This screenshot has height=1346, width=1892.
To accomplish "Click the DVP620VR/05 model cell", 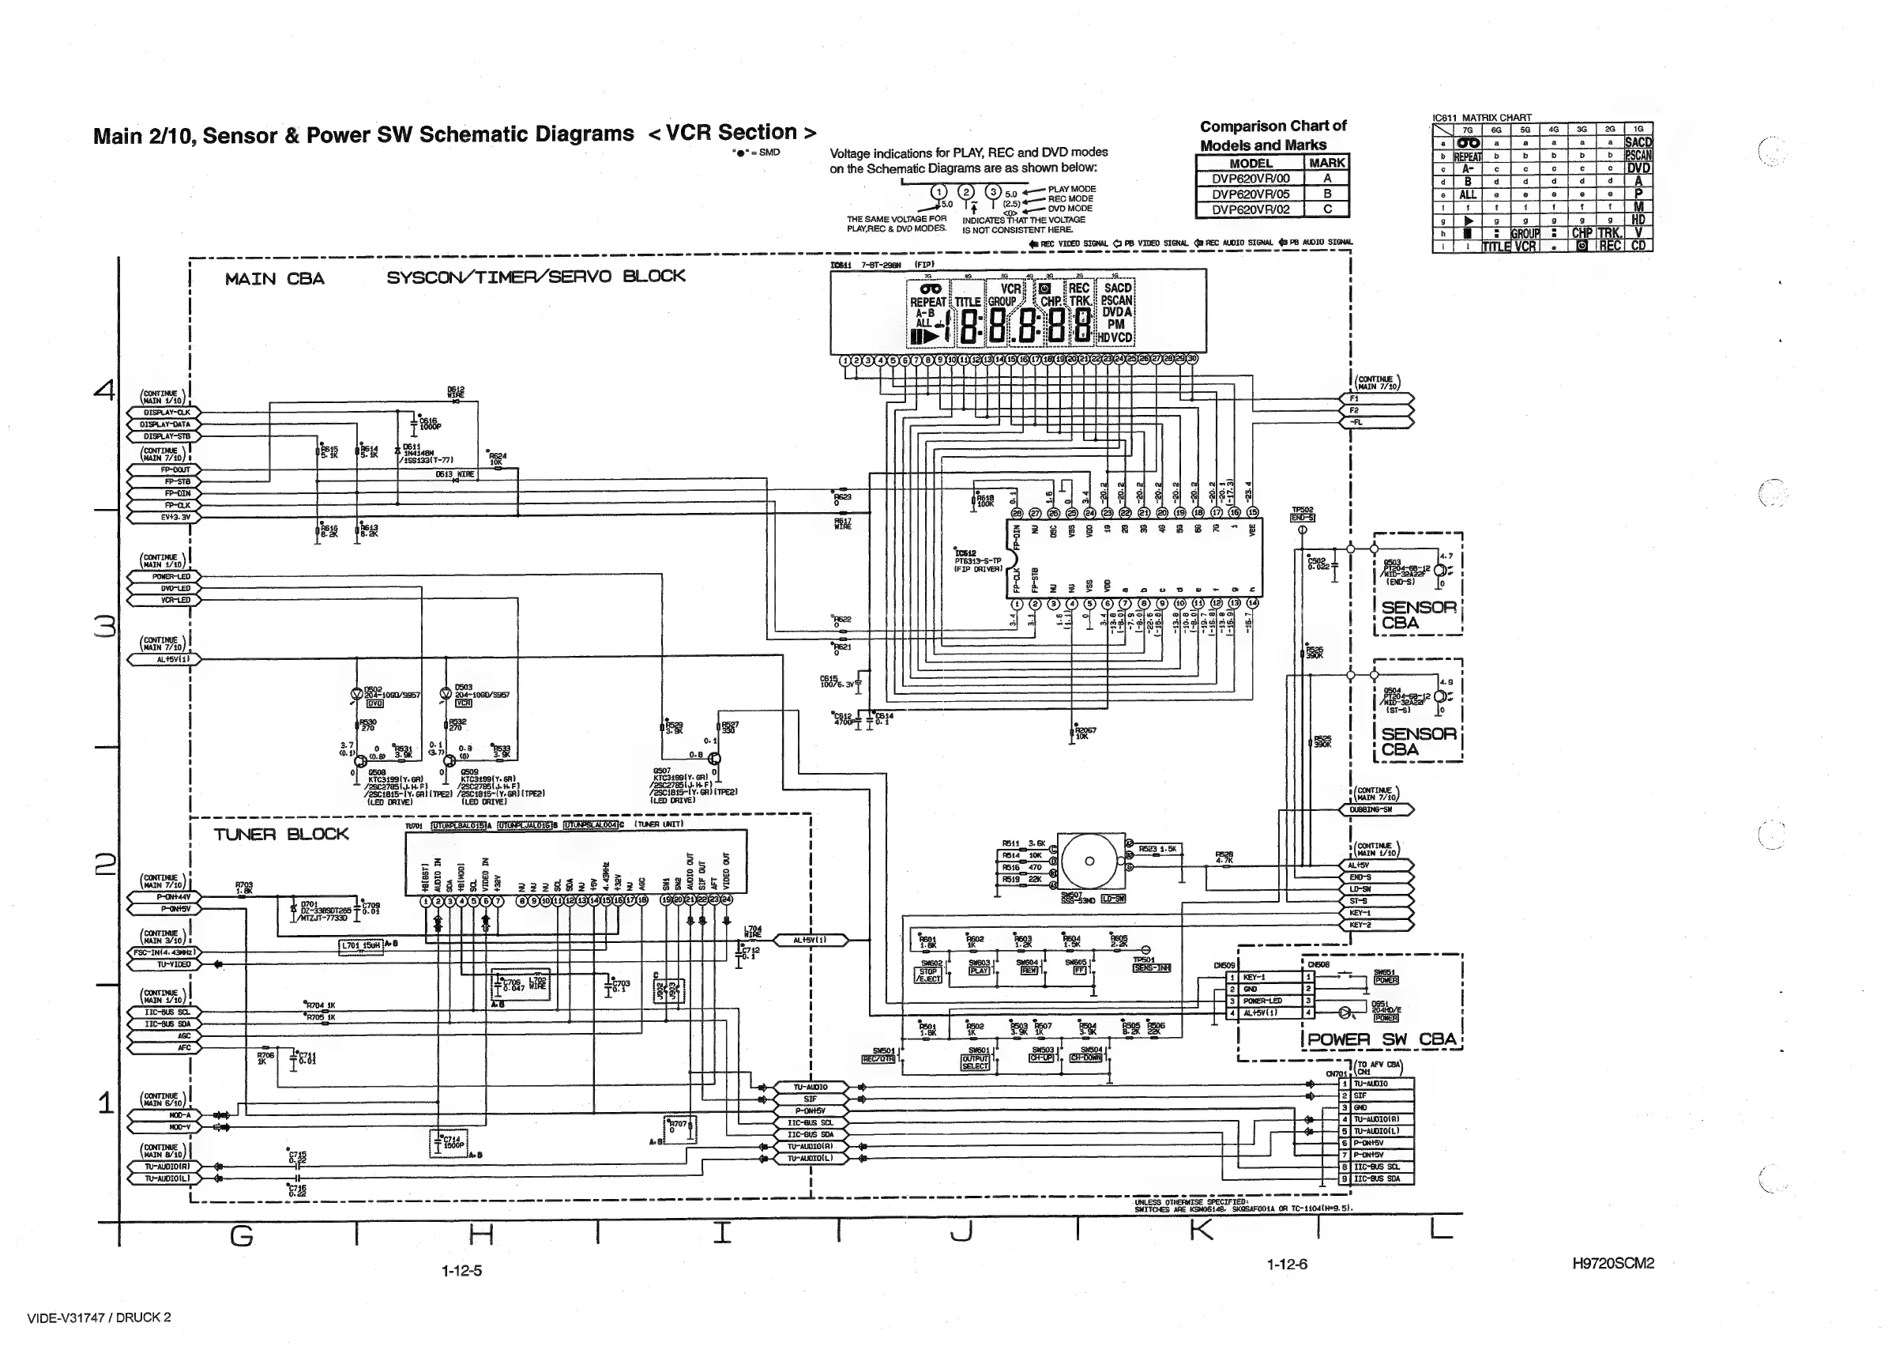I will tap(1250, 194).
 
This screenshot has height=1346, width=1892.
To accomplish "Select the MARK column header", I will tap(1326, 164).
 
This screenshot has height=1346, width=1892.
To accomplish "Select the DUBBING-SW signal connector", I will tap(1376, 810).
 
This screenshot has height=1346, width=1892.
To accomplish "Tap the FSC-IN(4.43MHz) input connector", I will tap(164, 952).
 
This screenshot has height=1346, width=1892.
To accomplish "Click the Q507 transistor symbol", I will tap(715, 759).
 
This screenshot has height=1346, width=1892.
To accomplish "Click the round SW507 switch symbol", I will tap(1089, 862).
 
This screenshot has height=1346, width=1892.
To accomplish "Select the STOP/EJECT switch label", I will tap(927, 975).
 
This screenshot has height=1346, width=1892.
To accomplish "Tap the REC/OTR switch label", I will tap(879, 1058).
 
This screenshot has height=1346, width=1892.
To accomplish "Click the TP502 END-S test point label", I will tap(1302, 518).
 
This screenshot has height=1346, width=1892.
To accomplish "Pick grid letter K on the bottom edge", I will tap(1200, 1232).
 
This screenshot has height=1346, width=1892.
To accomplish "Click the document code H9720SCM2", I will tap(1612, 1263).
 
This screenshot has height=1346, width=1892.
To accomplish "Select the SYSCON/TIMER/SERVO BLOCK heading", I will tap(536, 277).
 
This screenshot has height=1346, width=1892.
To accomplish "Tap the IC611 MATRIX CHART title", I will tap(1481, 118).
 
